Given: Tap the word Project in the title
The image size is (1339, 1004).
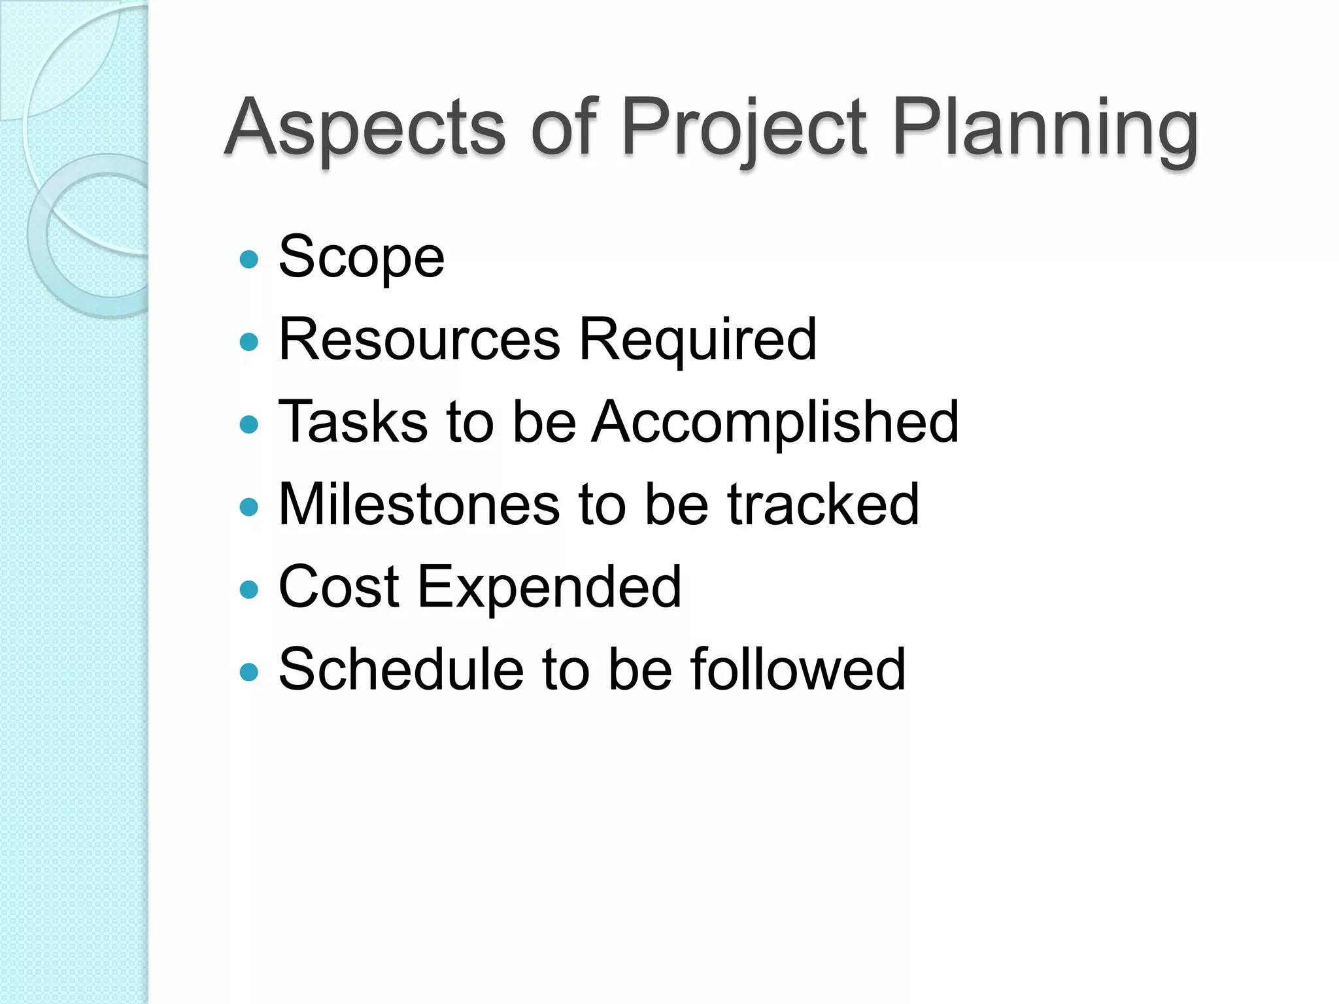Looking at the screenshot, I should [x=744, y=129].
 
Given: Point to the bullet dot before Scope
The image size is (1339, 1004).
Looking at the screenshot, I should [x=249, y=259].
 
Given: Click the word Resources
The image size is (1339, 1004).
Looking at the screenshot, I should [x=419, y=339].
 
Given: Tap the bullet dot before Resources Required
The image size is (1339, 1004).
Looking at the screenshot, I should [x=249, y=342].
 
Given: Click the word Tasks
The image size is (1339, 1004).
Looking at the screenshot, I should [x=353, y=422].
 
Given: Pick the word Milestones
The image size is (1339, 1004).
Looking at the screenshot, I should [x=419, y=504].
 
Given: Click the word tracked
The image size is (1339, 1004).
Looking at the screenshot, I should [x=823, y=504].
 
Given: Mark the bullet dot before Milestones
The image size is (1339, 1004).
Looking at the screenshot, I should [x=249, y=507].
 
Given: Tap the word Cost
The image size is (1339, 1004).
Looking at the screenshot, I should [x=339, y=587].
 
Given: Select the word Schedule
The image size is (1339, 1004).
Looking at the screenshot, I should [x=401, y=669].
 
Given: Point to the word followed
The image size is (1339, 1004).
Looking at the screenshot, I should [x=798, y=669].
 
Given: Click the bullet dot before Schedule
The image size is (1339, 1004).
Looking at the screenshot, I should [x=249, y=672].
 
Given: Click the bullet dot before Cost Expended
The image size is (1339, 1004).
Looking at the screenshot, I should [x=249, y=590].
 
